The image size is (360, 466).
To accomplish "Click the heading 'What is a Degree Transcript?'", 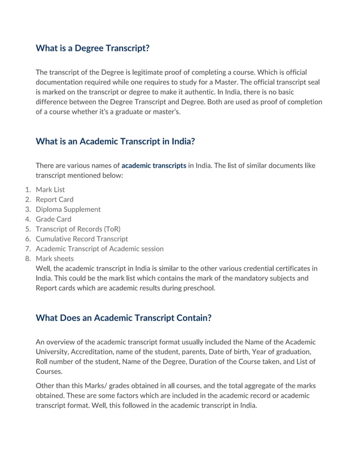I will tap(93, 48).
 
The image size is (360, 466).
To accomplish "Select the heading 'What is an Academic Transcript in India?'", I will tap(115, 142).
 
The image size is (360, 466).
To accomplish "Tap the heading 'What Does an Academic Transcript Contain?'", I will tap(124, 318).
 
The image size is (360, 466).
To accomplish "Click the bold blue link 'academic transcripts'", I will tap(153, 166).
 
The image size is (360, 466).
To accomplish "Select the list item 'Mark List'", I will tap(50, 190).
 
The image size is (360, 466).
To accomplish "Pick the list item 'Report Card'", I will tap(54, 199).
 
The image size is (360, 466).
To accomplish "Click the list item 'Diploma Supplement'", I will tap(68, 209).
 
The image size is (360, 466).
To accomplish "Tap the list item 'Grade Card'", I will tap(53, 219).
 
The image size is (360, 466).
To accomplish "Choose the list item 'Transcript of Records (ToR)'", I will tap(78, 229).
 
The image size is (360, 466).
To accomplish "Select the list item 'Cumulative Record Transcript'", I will tap(82, 239).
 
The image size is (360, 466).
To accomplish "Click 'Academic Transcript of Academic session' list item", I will tap(99, 249).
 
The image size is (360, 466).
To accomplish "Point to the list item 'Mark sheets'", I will tap(54, 258).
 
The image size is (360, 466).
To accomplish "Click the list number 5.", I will tap(27, 229).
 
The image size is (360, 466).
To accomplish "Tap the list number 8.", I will tap(27, 258).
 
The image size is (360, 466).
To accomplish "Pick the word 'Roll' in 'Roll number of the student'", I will tap(43, 362).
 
